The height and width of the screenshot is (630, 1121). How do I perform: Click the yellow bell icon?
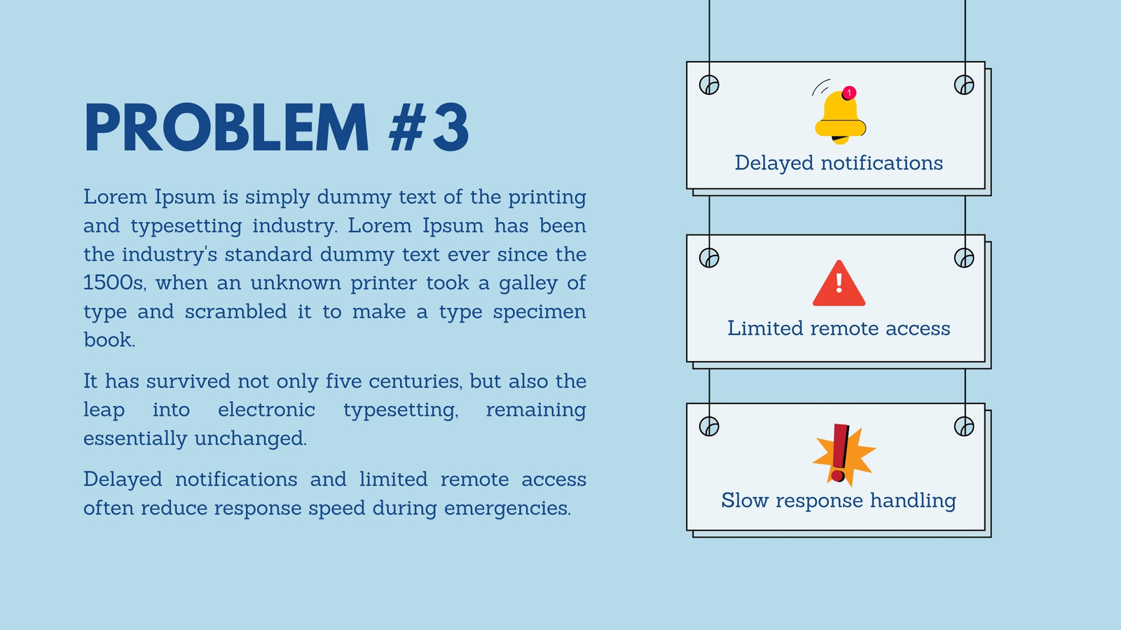coord(840,118)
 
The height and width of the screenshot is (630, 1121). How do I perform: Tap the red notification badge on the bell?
coord(849,93)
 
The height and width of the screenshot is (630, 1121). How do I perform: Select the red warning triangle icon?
coord(839,283)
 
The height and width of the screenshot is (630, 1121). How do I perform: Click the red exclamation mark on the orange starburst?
coord(840,453)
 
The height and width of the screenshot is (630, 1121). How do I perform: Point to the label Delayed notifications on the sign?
coord(839,164)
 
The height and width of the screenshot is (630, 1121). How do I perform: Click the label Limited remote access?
coord(839,328)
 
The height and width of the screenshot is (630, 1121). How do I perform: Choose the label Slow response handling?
coord(839,501)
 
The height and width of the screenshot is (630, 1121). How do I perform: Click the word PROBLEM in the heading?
coord(227,127)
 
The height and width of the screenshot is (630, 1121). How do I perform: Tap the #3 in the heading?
coord(429,127)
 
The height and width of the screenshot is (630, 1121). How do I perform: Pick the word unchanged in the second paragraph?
coord(251,438)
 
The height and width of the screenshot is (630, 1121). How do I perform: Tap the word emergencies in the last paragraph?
coord(507,508)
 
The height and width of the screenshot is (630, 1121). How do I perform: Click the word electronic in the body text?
coord(267,410)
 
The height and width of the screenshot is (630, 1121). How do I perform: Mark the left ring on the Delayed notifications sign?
coord(709,85)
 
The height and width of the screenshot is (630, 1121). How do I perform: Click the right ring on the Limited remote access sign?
coord(964,258)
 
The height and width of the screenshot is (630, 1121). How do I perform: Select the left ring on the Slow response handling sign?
coord(709,426)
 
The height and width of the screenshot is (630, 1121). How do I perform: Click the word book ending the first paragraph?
coord(109,340)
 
